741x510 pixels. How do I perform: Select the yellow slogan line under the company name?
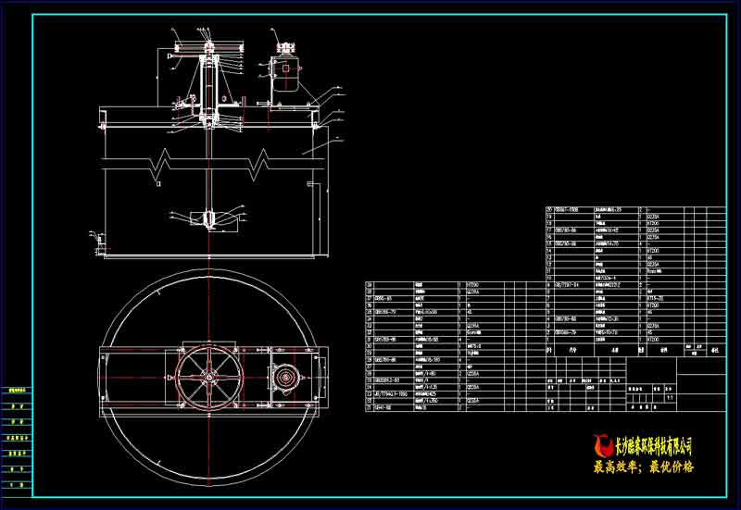pos(644,468)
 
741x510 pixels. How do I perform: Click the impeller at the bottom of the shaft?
pos(208,219)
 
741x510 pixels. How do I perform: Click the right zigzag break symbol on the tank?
pos(262,161)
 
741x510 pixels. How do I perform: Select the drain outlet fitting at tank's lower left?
pos(96,243)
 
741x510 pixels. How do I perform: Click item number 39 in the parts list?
pos(370,285)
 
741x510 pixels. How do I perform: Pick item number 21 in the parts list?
pos(370,405)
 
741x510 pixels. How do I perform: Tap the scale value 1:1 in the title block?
pos(670,399)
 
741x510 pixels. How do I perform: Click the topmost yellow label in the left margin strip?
pos(16,392)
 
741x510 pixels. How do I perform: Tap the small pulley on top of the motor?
pos(283,43)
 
